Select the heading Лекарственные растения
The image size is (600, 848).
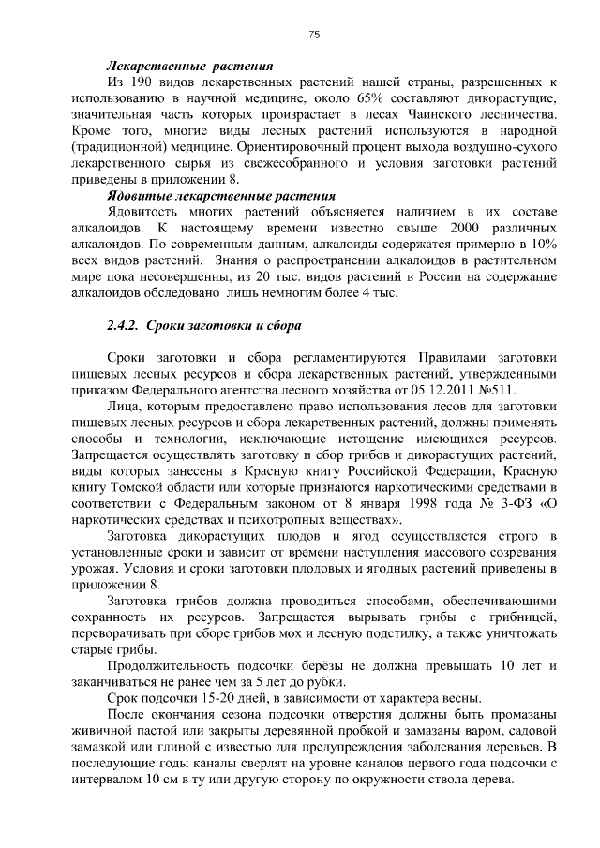190,67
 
